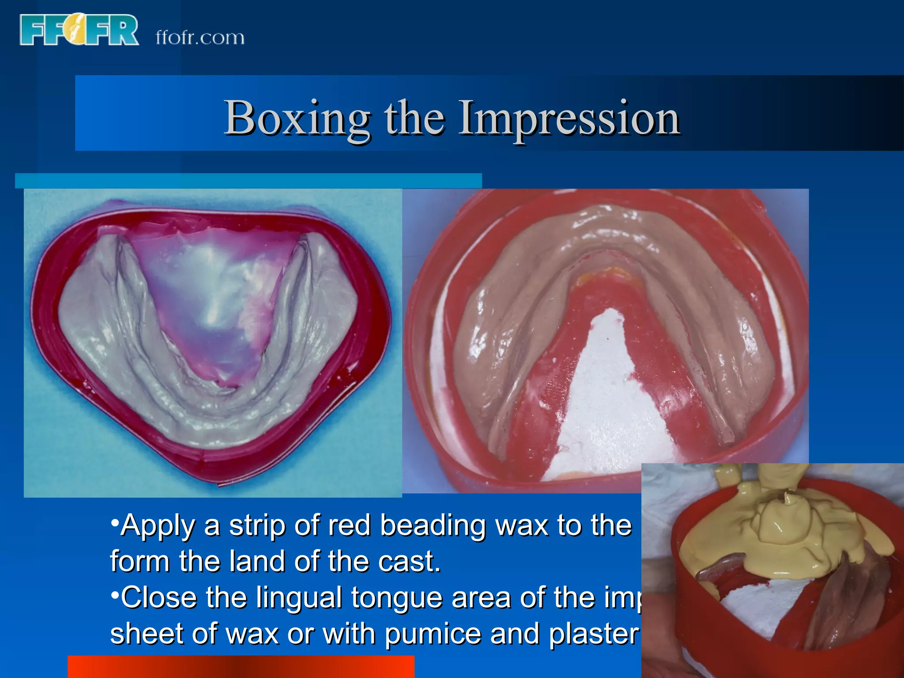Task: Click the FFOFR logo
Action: pyautogui.click(x=79, y=30)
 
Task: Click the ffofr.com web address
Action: pyautogui.click(x=200, y=38)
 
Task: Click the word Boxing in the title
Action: pyautogui.click(x=297, y=118)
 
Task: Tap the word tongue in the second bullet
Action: pyautogui.click(x=397, y=599)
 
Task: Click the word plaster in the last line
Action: pyautogui.click(x=594, y=634)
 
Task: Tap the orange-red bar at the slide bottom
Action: pyautogui.click(x=241, y=667)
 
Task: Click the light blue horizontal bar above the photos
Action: pyautogui.click(x=248, y=181)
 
